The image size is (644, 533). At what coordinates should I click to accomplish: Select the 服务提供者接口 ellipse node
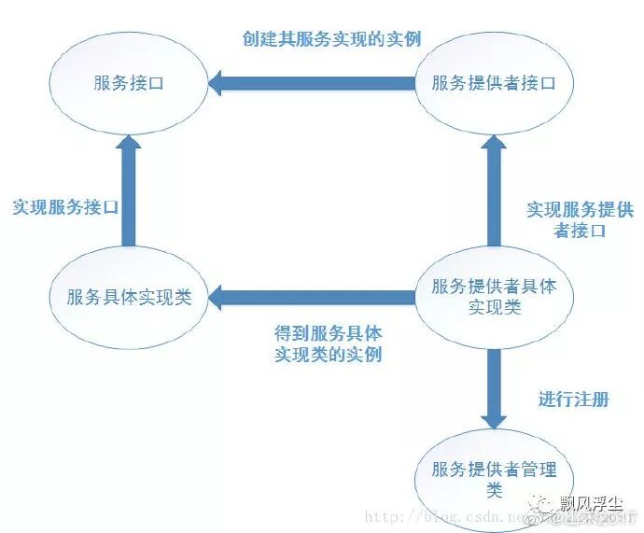coord(494,83)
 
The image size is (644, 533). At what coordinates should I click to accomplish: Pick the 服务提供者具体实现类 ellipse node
coord(494,297)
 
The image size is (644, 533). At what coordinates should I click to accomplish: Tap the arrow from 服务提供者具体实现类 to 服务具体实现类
coord(317,298)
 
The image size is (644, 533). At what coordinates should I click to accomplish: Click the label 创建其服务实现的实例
coord(332,38)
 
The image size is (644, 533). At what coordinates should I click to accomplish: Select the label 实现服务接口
coord(65,206)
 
